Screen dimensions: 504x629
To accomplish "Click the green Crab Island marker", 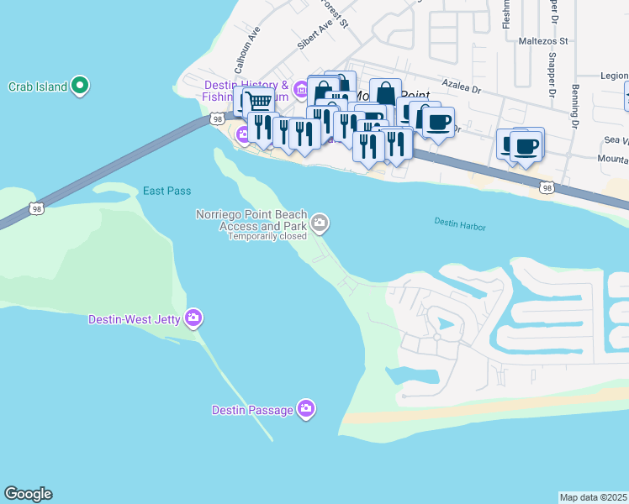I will coord(81,86).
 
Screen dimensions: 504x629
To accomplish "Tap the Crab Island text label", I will coord(37,87).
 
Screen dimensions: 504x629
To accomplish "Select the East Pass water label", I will coord(166,191).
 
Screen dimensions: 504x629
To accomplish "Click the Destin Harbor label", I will coord(461,223).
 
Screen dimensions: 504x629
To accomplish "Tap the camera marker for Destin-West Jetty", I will coord(194,318).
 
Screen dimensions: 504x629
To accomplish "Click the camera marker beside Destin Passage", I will coord(306,409).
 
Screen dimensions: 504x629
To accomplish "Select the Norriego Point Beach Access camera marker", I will coord(320,223).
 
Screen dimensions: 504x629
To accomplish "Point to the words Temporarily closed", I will coord(267,236).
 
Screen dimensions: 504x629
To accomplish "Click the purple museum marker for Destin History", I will coord(301,102).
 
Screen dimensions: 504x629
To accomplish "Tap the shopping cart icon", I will coord(260,102).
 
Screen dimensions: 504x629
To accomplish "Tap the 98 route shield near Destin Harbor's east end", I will coord(547,190).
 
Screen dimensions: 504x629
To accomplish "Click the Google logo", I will coord(28,494).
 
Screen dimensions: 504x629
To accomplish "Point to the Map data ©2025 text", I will coord(594,497).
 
